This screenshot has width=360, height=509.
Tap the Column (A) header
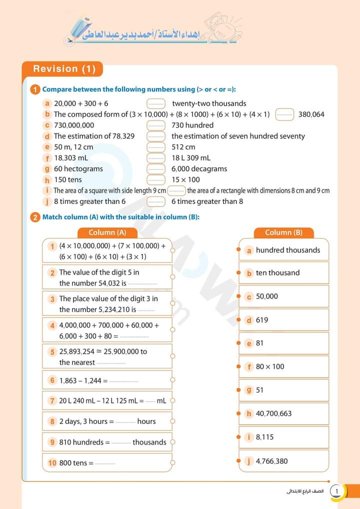pos(107,232)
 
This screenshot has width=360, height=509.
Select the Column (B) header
pos(283,232)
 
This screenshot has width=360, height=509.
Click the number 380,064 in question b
pos(311,114)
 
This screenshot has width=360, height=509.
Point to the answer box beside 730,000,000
pos(156,125)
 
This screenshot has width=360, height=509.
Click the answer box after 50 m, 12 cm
pos(156,147)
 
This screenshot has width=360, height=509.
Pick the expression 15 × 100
pos(185,179)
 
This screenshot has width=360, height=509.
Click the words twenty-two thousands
pos(209,103)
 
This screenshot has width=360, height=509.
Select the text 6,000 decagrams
pos(199,169)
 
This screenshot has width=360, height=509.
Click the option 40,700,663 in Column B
pos(273,413)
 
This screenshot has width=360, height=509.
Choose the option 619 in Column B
pos(262,320)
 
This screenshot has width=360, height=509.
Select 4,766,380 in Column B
pos(271,461)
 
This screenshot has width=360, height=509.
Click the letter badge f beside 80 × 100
pos(249,366)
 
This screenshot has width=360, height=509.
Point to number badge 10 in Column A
pos(52,463)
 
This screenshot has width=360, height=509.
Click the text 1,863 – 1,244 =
pos(83,380)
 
